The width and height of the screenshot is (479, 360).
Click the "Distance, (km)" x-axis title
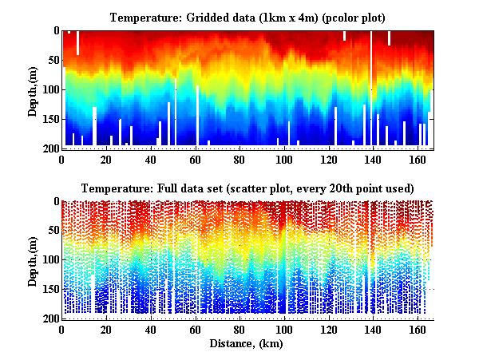tap(247, 344)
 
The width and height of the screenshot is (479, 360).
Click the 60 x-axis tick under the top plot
tap(196, 159)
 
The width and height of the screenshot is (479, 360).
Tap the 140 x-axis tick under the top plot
tap(372, 159)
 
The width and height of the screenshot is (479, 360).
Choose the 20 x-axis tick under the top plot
tap(107, 159)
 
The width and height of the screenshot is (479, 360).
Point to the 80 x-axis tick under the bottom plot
tap(239, 330)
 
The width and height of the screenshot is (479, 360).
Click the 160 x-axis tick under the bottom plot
tap(416, 330)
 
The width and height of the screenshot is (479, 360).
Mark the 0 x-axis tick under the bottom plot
tap(62, 330)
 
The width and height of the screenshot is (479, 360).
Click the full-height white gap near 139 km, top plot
tap(371, 88)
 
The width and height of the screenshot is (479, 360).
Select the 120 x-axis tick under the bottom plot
tap(327, 330)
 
